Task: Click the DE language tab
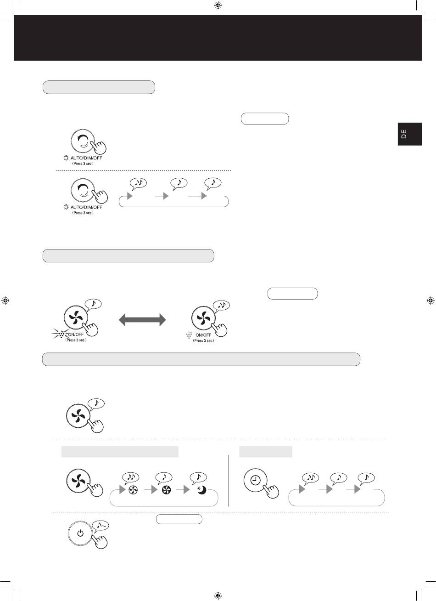[410, 134]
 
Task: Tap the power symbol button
[80, 533]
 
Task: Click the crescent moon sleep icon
[202, 490]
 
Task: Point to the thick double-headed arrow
[142, 319]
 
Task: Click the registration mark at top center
[218, 5]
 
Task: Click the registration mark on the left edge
[5, 300]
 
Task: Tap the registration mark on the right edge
[430, 300]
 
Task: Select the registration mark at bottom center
[218, 595]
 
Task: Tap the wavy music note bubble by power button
[100, 525]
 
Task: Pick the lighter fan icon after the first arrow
[133, 490]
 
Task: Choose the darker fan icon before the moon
[167, 490]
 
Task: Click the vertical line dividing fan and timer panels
[229, 481]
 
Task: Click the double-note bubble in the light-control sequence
[138, 183]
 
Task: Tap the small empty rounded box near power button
[179, 519]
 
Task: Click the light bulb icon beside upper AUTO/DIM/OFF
[66, 158]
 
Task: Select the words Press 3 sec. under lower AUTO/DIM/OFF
[83, 213]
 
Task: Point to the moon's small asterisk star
[199, 488]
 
